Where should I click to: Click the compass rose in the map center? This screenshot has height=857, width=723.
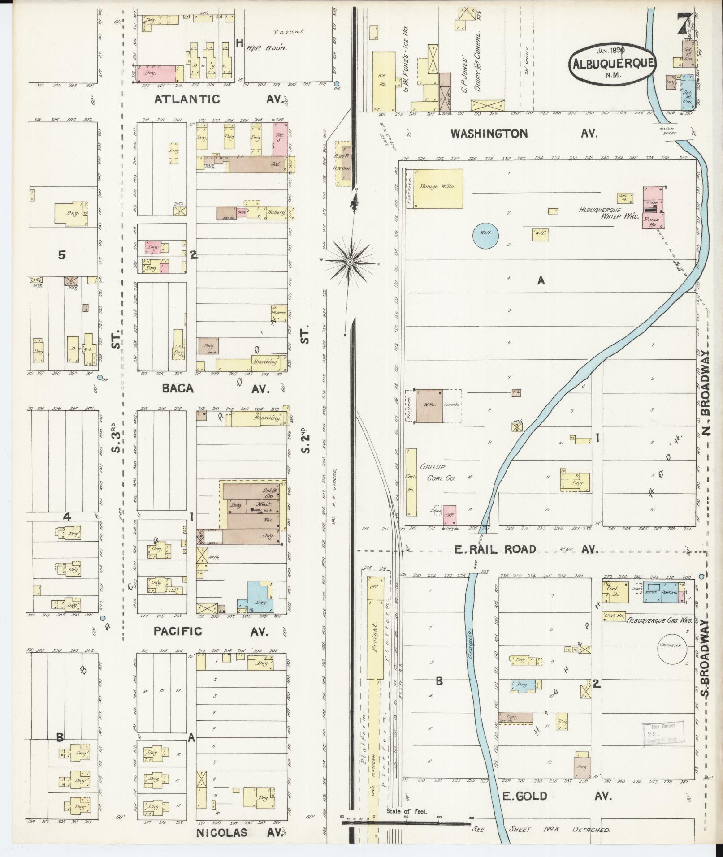point(350,263)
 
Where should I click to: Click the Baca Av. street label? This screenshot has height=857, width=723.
point(215,388)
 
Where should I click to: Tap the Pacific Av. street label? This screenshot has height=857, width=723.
point(211,631)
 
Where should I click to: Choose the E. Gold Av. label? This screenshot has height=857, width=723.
point(556,796)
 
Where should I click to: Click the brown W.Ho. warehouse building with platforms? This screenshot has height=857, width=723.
point(429,406)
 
